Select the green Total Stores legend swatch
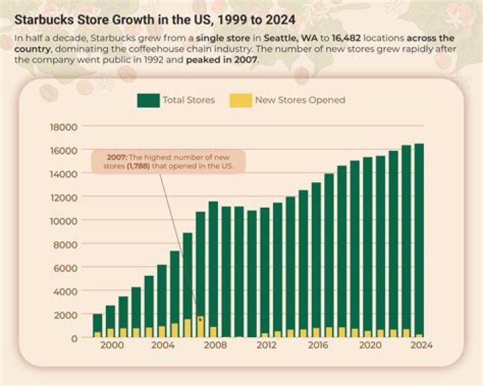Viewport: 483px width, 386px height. [x=148, y=100]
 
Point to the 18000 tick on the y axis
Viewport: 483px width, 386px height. [x=64, y=127]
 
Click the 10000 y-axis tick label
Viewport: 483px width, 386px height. [x=64, y=220]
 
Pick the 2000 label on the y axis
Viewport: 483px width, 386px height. [x=67, y=314]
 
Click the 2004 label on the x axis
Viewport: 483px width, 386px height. [x=162, y=346]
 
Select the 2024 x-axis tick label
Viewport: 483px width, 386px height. [x=420, y=346]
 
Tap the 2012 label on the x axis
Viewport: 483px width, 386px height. [x=266, y=346]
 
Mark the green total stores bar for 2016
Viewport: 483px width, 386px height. [x=316, y=255]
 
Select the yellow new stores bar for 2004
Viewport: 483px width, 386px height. [x=162, y=331]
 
